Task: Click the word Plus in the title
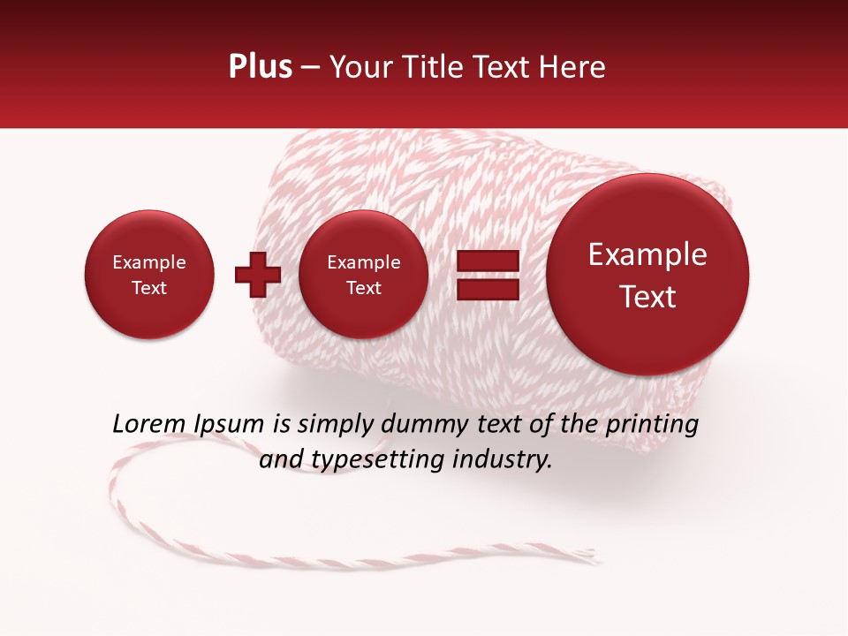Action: click(x=260, y=67)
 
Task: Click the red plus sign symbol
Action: click(x=257, y=274)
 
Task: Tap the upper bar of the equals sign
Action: click(x=487, y=261)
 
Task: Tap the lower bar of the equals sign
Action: click(x=487, y=289)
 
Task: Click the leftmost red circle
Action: click(x=149, y=275)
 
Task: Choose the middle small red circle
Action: click(x=363, y=275)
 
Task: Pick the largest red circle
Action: click(x=647, y=275)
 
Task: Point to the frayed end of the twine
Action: click(x=587, y=556)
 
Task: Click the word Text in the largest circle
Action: click(x=647, y=297)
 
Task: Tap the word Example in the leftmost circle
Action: click(x=149, y=262)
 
